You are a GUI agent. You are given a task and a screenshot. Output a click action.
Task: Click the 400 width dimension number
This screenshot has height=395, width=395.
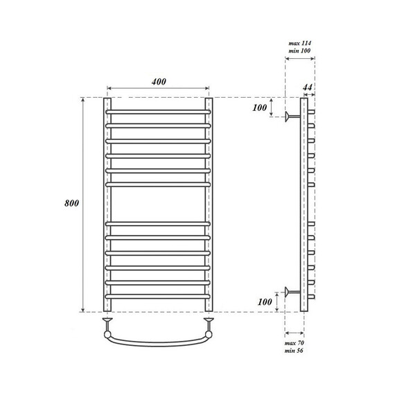point(158,82)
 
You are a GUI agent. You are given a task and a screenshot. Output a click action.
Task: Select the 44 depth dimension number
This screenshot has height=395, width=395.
point(308,88)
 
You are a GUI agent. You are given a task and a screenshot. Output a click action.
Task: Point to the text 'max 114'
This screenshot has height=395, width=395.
point(299,44)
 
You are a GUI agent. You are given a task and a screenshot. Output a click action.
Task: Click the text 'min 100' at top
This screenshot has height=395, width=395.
point(299,52)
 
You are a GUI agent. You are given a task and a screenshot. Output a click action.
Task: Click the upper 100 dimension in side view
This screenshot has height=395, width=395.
point(260,108)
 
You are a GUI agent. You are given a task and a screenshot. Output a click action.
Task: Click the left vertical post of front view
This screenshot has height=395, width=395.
point(107,208)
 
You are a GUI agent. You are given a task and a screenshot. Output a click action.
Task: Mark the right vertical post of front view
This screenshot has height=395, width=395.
point(209,208)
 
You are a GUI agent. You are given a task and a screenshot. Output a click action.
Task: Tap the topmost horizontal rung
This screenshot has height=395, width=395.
point(158,112)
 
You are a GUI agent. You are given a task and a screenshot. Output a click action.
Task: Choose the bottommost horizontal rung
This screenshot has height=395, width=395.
point(158,298)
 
